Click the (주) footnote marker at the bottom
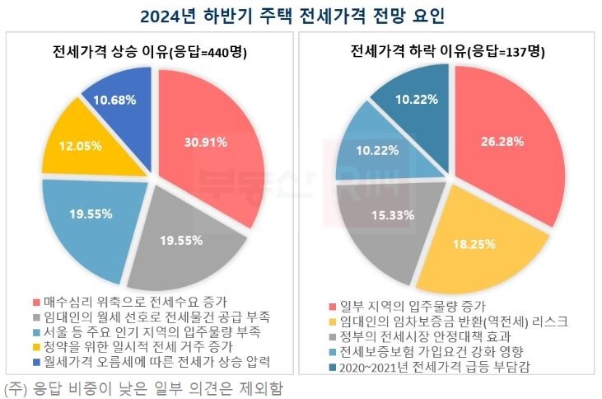[14, 386]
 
